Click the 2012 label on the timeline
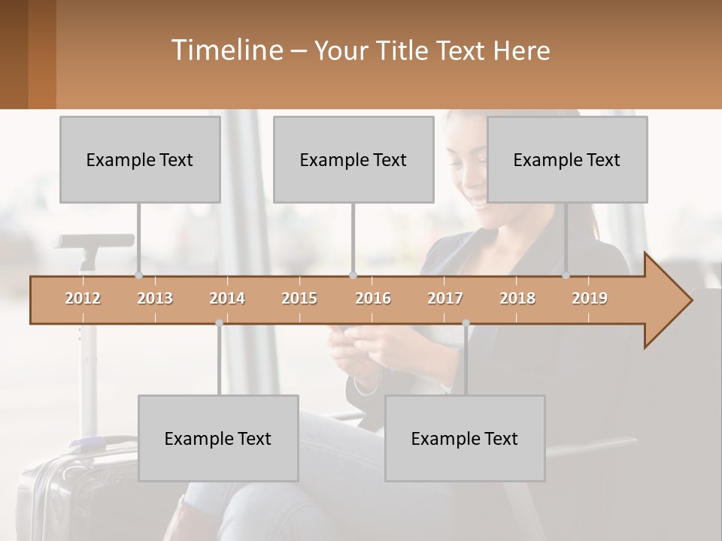pyautogui.click(x=83, y=298)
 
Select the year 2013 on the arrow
pyautogui.click(x=155, y=298)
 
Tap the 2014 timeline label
pyautogui.click(x=227, y=298)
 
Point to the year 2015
pyautogui.click(x=299, y=298)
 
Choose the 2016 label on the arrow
pyautogui.click(x=373, y=298)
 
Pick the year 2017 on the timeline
pyautogui.click(x=445, y=298)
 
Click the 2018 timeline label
pyautogui.click(x=517, y=298)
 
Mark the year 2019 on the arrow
pyautogui.click(x=590, y=298)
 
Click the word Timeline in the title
pyautogui.click(x=226, y=50)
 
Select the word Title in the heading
pyautogui.click(x=404, y=51)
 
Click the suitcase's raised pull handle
pyautogui.click(x=94, y=242)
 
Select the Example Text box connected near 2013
pyautogui.click(x=140, y=159)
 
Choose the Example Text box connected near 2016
pyautogui.click(x=353, y=159)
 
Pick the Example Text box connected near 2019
pyautogui.click(x=567, y=159)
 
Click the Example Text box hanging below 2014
pyautogui.click(x=218, y=438)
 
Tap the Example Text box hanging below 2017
pyautogui.click(x=465, y=438)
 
